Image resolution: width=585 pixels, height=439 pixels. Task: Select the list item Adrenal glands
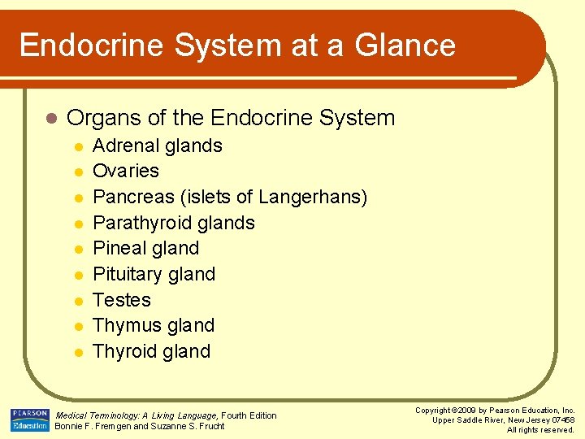(x=158, y=146)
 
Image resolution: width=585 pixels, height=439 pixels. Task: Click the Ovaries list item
(x=126, y=172)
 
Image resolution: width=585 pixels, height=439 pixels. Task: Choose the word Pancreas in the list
(x=132, y=198)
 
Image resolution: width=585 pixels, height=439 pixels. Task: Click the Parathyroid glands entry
(x=174, y=223)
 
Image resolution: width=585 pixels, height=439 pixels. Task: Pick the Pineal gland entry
(x=146, y=249)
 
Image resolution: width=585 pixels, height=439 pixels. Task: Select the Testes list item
(x=122, y=300)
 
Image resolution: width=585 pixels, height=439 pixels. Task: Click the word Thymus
(x=124, y=326)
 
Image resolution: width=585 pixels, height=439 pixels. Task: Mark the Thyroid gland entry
(x=152, y=352)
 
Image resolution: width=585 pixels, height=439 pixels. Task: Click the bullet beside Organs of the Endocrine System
(x=51, y=119)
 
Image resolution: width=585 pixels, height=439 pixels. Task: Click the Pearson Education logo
(x=29, y=419)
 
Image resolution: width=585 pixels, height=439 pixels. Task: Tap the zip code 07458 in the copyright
(x=561, y=419)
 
